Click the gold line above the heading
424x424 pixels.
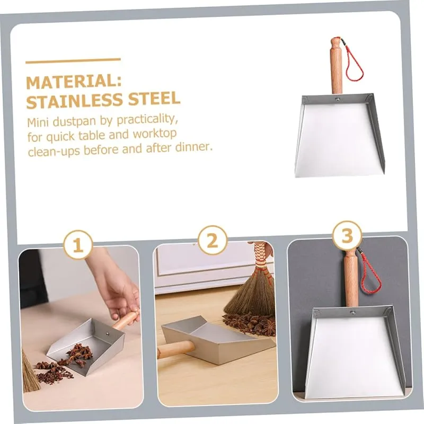coord(73,60)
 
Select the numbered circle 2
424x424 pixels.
coord(213,241)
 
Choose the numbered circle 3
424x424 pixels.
coord(347,235)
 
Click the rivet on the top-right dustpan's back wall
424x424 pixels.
coord(337,100)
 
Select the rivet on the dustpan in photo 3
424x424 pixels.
coord(352,313)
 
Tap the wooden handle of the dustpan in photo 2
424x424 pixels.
coord(176,349)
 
